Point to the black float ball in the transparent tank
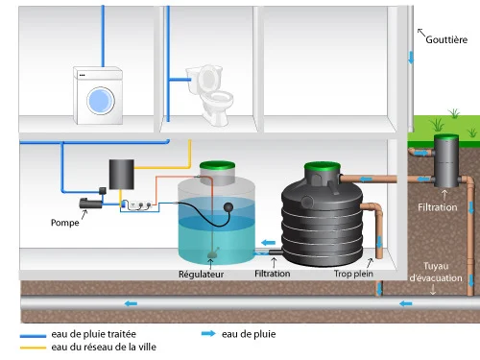pyautogui.click(x=228, y=205)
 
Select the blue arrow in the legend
pyautogui.click(x=206, y=334)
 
